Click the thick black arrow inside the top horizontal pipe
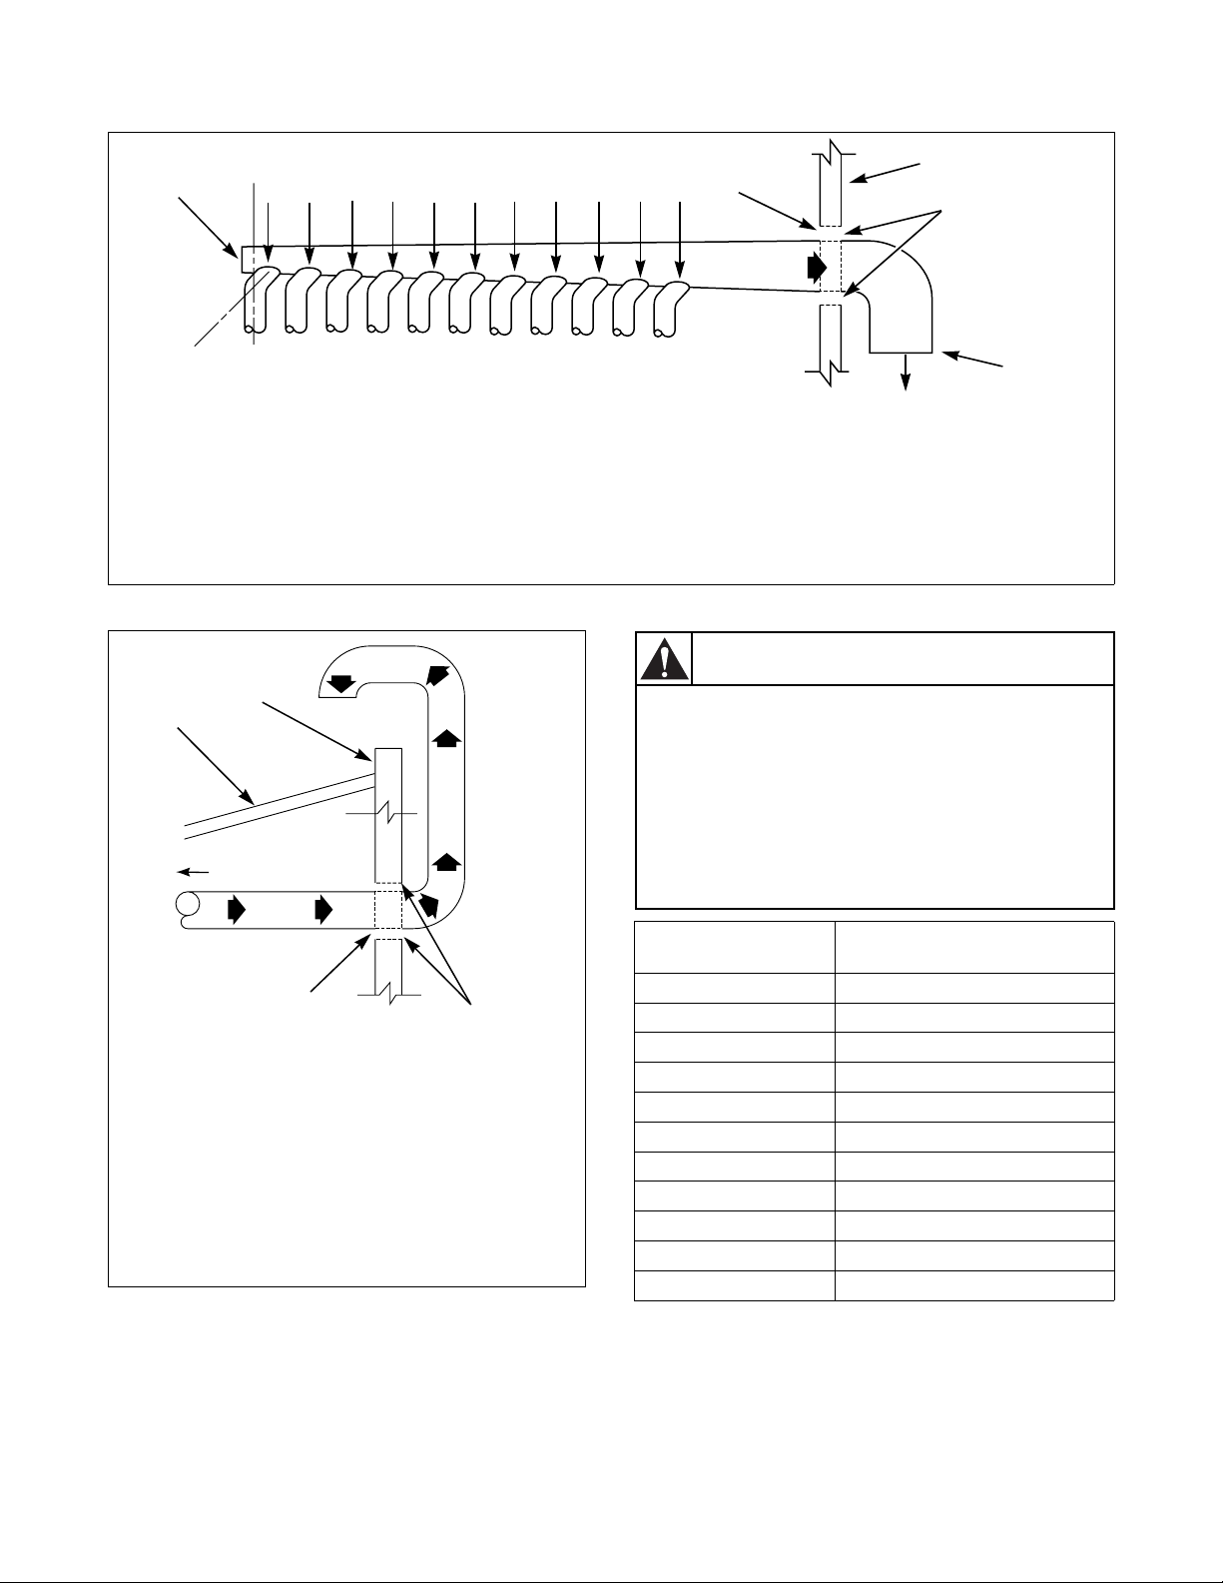tap(818, 268)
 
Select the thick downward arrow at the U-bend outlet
tap(342, 684)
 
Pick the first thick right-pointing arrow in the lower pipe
tap(237, 910)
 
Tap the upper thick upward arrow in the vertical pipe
tap(446, 739)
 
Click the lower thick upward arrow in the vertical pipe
tap(446, 861)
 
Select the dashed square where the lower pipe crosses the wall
tap(387, 910)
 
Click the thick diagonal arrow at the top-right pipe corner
tap(437, 674)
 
